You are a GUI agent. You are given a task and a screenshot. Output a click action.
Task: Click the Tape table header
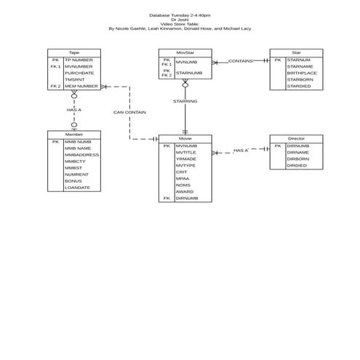(74, 52)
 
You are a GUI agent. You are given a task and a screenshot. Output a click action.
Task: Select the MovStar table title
(185, 52)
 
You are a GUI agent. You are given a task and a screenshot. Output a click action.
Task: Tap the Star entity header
(296, 52)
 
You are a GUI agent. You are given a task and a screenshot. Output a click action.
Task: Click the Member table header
(74, 135)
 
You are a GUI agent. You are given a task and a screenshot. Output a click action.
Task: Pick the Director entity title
(296, 138)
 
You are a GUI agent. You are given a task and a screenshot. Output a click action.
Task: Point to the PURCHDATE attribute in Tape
(79, 73)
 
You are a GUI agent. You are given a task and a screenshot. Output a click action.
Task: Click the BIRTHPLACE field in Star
(303, 73)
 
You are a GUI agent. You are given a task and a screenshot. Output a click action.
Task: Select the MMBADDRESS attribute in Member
(82, 155)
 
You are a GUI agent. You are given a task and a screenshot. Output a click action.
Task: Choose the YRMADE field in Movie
(186, 159)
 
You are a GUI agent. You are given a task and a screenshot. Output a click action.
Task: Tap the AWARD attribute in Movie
(185, 191)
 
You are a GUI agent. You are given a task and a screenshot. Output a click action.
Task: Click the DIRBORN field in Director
(298, 159)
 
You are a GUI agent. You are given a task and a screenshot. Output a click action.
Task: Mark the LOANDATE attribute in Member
(78, 188)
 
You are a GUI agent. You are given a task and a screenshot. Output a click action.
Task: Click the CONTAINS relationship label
(240, 61)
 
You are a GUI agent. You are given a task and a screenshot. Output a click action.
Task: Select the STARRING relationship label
(185, 101)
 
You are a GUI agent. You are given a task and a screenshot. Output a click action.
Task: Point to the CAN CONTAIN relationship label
(129, 113)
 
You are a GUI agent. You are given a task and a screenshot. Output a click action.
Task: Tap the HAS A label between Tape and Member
(74, 110)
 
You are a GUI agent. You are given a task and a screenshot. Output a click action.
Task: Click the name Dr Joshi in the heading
(180, 20)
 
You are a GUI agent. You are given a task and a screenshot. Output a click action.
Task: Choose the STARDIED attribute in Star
(299, 86)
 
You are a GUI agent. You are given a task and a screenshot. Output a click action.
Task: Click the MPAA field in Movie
(182, 178)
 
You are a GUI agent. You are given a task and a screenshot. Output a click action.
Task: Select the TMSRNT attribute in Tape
(75, 79)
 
